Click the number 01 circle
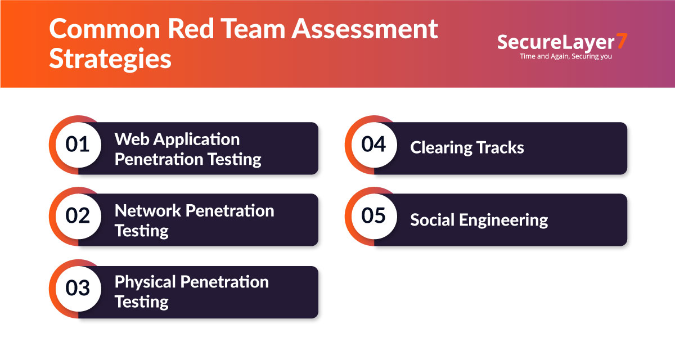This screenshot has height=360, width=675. pyautogui.click(x=78, y=145)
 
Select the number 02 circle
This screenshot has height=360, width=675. pyautogui.click(x=78, y=216)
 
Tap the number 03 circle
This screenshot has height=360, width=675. pyautogui.click(x=78, y=288)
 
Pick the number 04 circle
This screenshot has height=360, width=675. pyautogui.click(x=373, y=145)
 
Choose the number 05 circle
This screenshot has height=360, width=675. pyautogui.click(x=373, y=216)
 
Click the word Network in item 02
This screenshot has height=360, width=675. pyautogui.click(x=148, y=210)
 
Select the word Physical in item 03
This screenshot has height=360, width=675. pyautogui.click(x=145, y=282)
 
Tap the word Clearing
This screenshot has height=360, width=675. pyautogui.click(x=441, y=148)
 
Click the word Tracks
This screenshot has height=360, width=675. pyautogui.click(x=500, y=148)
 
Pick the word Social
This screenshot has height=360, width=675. pyautogui.click(x=431, y=219)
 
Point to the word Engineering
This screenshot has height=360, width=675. pyautogui.click(x=503, y=220)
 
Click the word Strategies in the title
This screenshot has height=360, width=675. pyautogui.click(x=110, y=59)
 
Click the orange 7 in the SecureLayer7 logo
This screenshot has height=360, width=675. pyautogui.click(x=621, y=42)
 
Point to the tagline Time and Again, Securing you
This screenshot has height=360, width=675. pyautogui.click(x=566, y=56)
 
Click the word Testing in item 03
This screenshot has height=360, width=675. pyautogui.click(x=142, y=301)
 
